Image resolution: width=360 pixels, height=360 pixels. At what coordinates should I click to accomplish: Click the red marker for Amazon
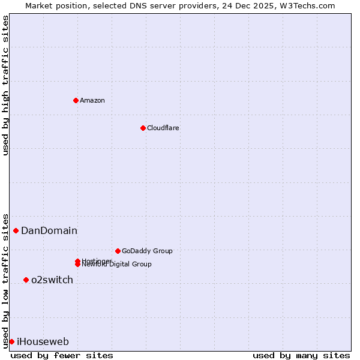coord(76,100)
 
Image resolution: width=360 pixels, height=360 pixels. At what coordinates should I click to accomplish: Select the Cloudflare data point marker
coord(143,128)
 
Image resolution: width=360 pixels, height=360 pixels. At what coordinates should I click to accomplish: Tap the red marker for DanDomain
coord(16,230)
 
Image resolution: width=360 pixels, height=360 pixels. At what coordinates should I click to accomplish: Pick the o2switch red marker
coord(26,280)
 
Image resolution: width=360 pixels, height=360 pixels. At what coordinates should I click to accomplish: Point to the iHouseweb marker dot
coord(11,341)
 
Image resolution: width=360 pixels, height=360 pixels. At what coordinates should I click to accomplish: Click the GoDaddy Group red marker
coord(118,251)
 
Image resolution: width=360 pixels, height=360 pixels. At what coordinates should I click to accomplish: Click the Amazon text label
coord(92,100)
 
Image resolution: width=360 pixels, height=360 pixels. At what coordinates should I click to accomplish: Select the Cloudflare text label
coord(163,128)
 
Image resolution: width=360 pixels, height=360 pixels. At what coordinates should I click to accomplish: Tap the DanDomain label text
coord(49,230)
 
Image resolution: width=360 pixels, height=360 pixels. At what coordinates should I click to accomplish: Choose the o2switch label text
coord(52,280)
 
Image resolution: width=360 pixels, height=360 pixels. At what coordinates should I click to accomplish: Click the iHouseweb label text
coord(43,342)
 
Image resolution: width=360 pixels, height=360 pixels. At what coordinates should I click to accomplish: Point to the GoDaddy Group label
coord(147,251)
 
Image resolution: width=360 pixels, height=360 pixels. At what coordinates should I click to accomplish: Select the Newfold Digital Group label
coord(117,265)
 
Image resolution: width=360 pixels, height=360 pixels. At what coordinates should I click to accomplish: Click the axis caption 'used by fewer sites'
coord(62,355)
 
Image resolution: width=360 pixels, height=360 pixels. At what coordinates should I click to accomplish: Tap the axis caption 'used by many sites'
coord(301,355)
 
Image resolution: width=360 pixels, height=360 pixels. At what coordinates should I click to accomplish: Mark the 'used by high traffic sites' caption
coord(6,85)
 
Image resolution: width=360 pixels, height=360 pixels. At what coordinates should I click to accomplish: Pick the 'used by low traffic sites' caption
coord(6,280)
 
